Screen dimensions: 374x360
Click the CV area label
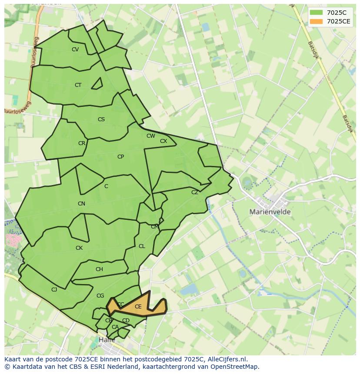pyautogui.click(x=75, y=50)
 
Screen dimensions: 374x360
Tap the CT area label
pyautogui.click(x=78, y=85)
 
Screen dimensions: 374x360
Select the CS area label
pyautogui.click(x=101, y=119)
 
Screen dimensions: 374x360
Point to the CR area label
pyautogui.click(x=82, y=143)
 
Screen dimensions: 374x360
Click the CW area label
pyautogui.click(x=151, y=136)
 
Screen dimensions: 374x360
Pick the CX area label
pyautogui.click(x=163, y=141)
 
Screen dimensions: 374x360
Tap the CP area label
pyautogui.click(x=120, y=157)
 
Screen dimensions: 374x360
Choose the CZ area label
pyautogui.click(x=195, y=192)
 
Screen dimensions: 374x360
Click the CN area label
pyautogui.click(x=81, y=204)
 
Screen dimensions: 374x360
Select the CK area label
pyautogui.click(x=79, y=248)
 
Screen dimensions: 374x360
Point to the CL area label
pyautogui.click(x=142, y=246)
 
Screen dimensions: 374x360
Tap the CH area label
pyautogui.click(x=99, y=269)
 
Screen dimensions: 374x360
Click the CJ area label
pyautogui.click(x=54, y=290)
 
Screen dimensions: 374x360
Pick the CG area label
pyautogui.click(x=100, y=296)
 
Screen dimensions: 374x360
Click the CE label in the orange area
pyautogui.click(x=138, y=307)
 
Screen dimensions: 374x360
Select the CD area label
pyautogui.click(x=126, y=321)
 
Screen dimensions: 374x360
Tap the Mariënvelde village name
pyautogui.click(x=270, y=212)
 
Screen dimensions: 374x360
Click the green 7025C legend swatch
pyautogui.click(x=317, y=13)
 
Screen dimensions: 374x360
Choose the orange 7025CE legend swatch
pyautogui.click(x=317, y=21)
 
